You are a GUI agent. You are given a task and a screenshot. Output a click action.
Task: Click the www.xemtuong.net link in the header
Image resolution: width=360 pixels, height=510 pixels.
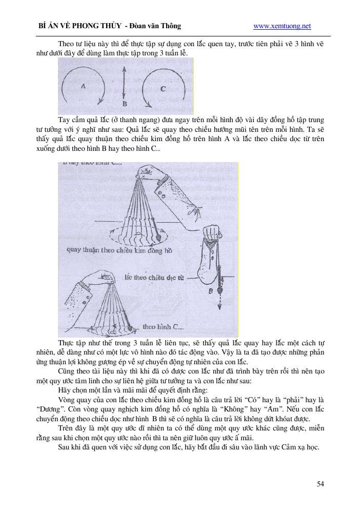[282, 26]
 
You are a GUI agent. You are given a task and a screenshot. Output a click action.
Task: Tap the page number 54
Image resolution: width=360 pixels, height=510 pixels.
[320, 484]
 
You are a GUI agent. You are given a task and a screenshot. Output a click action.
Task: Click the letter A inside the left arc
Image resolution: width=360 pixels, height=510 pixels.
[83, 87]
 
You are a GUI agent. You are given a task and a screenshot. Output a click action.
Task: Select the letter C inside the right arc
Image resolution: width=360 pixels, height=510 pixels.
[163, 88]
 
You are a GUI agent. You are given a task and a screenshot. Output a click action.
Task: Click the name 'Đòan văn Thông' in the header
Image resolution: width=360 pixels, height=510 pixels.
[156, 26]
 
